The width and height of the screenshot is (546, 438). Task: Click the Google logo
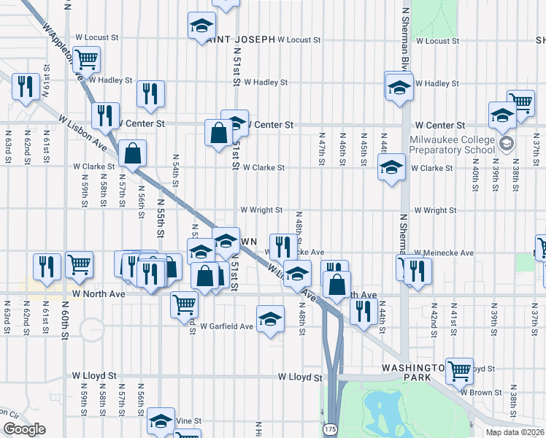pos(24,429)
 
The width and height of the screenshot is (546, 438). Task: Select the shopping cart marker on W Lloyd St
pos(459,370)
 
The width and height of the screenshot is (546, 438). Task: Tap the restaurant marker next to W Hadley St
pos(150,93)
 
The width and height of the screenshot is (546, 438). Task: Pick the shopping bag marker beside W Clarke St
pos(132,154)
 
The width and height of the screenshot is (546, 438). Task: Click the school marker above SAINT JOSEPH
pos(201,26)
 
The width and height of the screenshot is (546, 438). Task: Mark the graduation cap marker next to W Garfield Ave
pos(270,318)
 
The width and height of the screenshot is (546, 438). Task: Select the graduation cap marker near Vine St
pos(161,420)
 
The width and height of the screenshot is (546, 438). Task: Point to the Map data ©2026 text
pos(515,432)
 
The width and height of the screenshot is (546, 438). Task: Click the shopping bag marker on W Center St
pos(218,133)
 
